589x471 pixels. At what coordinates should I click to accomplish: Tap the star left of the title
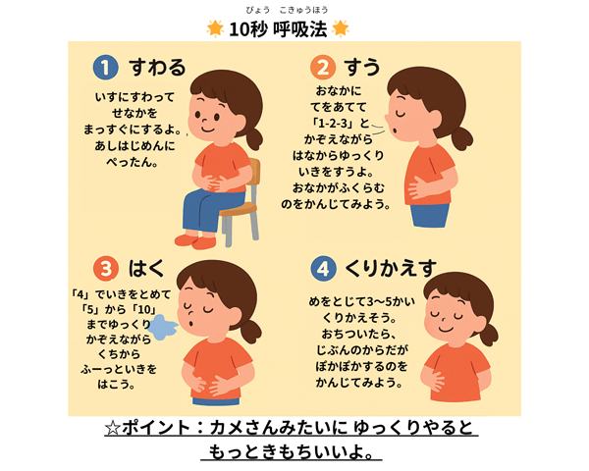click(214, 28)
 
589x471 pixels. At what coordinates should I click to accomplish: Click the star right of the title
click(340, 28)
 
